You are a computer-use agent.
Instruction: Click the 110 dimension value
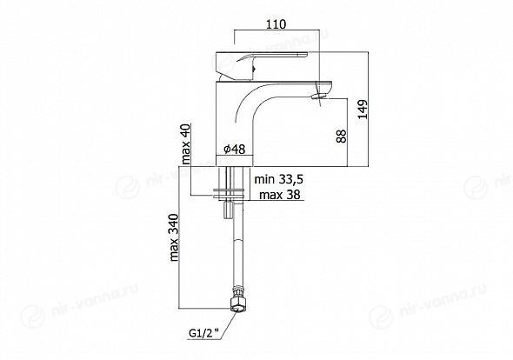point(276,24)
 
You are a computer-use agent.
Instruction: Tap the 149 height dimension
point(363,110)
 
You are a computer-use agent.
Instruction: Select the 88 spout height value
point(341,136)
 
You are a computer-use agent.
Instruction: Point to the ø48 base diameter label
point(234,150)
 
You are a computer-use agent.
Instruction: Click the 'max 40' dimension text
point(186,144)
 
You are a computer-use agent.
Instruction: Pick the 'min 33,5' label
point(279,179)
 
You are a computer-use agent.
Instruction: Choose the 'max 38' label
point(280,195)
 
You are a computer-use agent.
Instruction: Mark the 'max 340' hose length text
point(175,237)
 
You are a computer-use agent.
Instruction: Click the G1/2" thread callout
point(203,334)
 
